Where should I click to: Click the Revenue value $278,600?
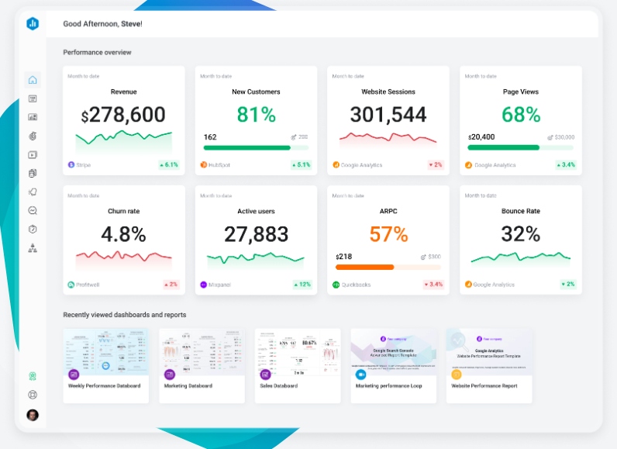click(123, 116)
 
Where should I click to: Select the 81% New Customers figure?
click(256, 115)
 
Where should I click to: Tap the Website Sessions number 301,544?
click(388, 115)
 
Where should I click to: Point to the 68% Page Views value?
click(521, 115)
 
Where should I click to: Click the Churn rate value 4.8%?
click(123, 234)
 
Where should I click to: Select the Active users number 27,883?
click(256, 234)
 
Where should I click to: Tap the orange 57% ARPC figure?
click(388, 234)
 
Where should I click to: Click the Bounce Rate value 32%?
click(521, 234)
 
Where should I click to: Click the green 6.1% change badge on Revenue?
click(168, 165)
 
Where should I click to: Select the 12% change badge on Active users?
click(301, 285)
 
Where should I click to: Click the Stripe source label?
click(83, 165)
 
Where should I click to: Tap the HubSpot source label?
click(219, 165)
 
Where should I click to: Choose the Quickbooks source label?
click(355, 285)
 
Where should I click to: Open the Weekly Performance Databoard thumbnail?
click(106, 353)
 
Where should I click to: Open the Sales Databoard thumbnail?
click(298, 353)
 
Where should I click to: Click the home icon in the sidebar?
click(33, 80)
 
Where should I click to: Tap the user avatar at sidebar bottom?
click(33, 415)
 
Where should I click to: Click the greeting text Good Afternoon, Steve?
click(102, 24)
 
